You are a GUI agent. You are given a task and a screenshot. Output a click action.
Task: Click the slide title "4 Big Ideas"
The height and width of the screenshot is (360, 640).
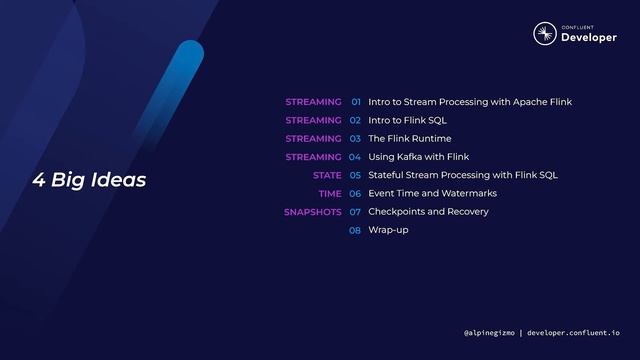pos(90,180)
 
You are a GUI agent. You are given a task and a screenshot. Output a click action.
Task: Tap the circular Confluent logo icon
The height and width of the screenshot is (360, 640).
pos(544,33)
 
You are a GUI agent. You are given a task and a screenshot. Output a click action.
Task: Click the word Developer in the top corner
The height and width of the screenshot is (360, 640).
pos(589,37)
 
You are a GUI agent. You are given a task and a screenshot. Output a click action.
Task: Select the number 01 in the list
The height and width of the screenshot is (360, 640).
pos(355,102)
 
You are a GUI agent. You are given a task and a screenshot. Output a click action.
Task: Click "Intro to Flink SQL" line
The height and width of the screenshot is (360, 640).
pos(407,120)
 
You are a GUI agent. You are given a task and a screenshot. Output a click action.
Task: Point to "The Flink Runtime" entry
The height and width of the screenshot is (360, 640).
pos(409,139)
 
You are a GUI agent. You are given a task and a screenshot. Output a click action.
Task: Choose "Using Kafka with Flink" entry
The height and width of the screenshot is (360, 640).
pos(418,157)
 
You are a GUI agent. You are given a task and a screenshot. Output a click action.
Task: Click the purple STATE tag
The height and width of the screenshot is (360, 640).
pos(327,175)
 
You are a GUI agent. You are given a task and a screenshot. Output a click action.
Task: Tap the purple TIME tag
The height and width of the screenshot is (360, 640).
pos(330,194)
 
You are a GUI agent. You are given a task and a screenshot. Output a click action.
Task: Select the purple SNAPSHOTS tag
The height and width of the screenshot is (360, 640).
pos(312,212)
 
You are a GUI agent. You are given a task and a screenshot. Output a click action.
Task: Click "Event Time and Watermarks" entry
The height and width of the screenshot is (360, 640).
pos(432,194)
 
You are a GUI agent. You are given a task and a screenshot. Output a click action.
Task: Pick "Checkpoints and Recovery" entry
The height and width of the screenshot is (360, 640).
pos(428,212)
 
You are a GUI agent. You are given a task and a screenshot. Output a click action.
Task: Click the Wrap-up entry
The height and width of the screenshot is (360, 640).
pos(388,230)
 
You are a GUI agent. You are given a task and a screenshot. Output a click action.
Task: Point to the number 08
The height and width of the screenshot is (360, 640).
pos(355,230)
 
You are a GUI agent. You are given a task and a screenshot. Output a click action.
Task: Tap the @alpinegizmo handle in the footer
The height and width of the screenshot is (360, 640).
pos(489,332)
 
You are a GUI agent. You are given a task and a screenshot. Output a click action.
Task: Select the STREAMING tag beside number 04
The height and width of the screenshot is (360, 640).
pos(313,157)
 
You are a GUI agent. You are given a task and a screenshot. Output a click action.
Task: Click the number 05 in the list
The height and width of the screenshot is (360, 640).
pos(355,175)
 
